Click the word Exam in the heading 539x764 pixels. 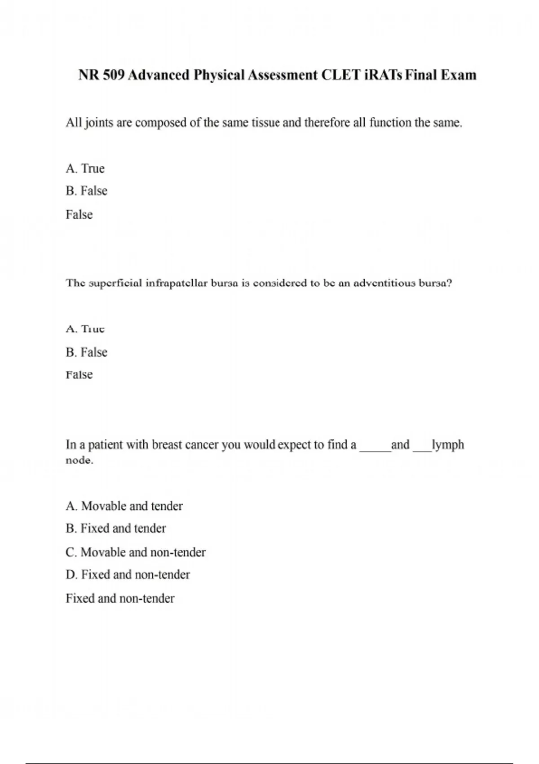[x=458, y=75]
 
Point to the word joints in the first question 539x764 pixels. [x=99, y=123]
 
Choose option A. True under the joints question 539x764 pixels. [x=85, y=169]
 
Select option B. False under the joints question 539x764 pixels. [x=86, y=191]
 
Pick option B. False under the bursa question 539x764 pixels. [x=86, y=352]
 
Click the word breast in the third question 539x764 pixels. [x=167, y=445]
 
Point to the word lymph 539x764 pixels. [x=448, y=445]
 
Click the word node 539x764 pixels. [x=79, y=461]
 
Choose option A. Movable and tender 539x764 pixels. [x=124, y=506]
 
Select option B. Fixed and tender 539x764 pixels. [x=115, y=529]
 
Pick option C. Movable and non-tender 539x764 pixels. [x=135, y=552]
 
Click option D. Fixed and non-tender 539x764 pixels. [x=128, y=575]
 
